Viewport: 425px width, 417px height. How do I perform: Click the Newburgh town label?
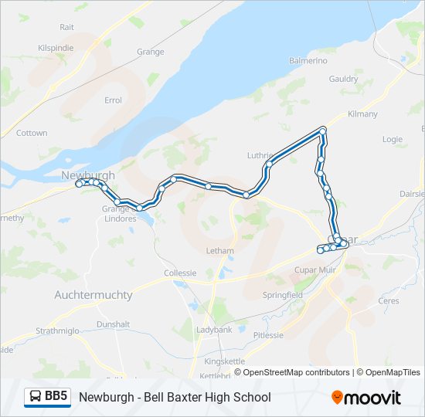point(88,175)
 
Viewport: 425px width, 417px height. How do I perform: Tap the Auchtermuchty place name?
point(93,295)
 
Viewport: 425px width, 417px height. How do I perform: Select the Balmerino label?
point(308,60)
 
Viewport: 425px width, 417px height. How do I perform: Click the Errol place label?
point(114,100)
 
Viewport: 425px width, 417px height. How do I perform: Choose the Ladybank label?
point(214,330)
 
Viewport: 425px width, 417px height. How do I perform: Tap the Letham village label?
point(219,251)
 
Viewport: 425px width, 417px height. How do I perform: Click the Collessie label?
point(180,273)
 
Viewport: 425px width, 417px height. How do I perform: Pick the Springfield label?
point(282,295)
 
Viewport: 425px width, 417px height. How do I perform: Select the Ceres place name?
point(388,300)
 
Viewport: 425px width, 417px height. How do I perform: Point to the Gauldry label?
point(343,79)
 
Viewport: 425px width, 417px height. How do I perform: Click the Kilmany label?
point(362,114)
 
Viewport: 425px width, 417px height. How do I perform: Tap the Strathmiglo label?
point(58,331)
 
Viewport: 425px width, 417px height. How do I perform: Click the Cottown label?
point(32,133)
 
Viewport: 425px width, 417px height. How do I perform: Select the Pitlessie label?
point(268,335)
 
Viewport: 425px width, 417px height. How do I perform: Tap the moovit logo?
point(366,398)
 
